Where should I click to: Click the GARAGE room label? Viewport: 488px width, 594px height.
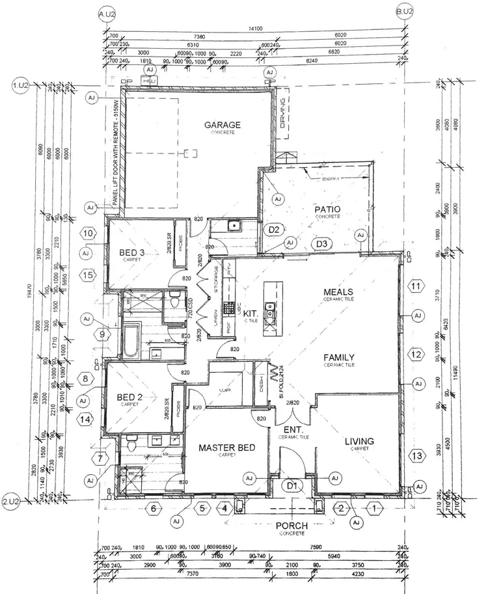(x=222, y=125)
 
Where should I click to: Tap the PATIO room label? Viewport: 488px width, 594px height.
(x=328, y=209)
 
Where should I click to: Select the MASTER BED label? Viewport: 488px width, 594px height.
(x=226, y=448)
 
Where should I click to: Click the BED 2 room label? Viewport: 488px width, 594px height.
(x=135, y=398)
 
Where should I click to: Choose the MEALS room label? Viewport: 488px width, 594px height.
(x=338, y=291)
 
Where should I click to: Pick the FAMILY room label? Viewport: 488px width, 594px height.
(x=338, y=357)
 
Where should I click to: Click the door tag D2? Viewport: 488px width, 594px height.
(x=274, y=230)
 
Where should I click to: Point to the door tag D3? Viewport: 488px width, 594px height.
(x=321, y=244)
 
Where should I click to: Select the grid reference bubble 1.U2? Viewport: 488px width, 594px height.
(x=19, y=85)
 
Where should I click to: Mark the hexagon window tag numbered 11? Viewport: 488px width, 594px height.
(x=415, y=286)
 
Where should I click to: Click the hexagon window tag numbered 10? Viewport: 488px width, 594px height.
(x=89, y=232)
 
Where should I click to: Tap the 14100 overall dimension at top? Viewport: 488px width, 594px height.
(x=255, y=28)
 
